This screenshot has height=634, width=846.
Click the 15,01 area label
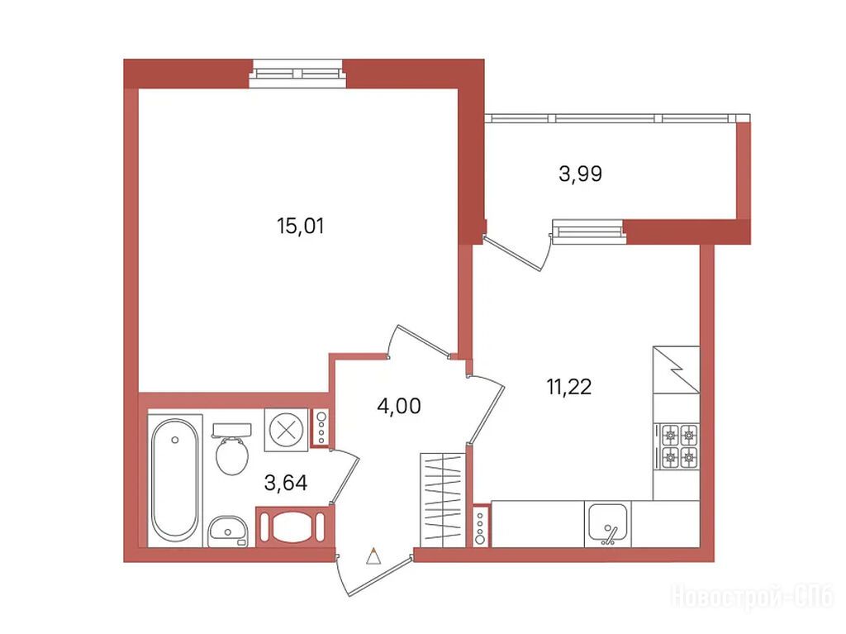(x=301, y=226)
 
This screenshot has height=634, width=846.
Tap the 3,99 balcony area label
(x=580, y=174)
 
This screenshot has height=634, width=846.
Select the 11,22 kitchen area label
(x=568, y=387)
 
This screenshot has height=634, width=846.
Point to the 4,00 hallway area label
(x=399, y=406)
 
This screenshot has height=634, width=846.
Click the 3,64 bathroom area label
(x=286, y=482)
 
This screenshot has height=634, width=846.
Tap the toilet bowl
(x=232, y=448)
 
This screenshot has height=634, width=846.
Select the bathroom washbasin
(x=228, y=532)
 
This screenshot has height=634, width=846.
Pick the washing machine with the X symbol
(x=286, y=430)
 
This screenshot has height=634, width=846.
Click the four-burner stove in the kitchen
(x=679, y=446)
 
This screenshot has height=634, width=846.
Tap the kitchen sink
(x=608, y=524)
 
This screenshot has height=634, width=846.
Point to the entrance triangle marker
(x=373, y=556)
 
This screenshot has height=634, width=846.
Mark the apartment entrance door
(x=374, y=574)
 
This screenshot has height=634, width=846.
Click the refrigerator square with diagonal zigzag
(x=676, y=369)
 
